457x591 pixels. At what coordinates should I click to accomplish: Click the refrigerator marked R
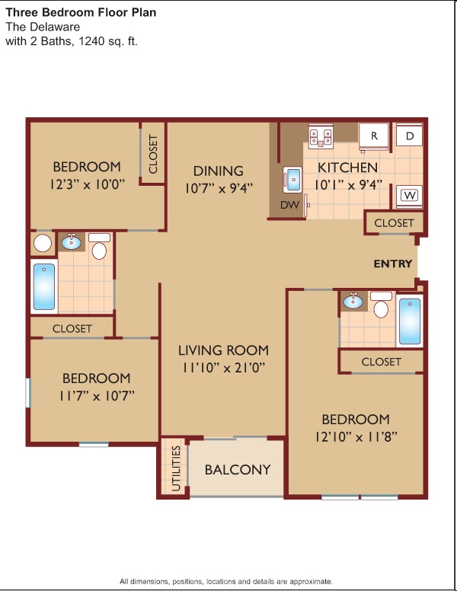pyautogui.click(x=374, y=136)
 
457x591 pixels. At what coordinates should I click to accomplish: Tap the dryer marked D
pyautogui.click(x=410, y=136)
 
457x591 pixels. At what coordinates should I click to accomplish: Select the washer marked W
pyautogui.click(x=410, y=196)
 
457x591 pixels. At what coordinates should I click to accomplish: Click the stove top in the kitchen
pyautogui.click(x=321, y=136)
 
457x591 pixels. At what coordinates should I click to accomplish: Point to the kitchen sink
pyautogui.click(x=292, y=180)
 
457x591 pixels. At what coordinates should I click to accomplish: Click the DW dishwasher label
pyautogui.click(x=289, y=205)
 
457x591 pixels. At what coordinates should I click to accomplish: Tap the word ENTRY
pyautogui.click(x=393, y=264)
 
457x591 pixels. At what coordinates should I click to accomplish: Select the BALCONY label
pyautogui.click(x=238, y=470)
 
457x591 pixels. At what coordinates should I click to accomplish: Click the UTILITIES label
pyautogui.click(x=176, y=468)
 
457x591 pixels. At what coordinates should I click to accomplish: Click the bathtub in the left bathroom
pyautogui.click(x=44, y=286)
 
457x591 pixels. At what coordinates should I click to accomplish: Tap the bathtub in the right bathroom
pyautogui.click(x=410, y=321)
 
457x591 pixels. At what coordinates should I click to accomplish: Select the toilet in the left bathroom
pyautogui.click(x=99, y=246)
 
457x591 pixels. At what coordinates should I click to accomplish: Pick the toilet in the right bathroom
pyautogui.click(x=381, y=305)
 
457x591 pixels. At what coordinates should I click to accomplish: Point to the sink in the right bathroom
pyautogui.click(x=353, y=301)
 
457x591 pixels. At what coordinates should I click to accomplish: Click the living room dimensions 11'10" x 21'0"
pyautogui.click(x=224, y=367)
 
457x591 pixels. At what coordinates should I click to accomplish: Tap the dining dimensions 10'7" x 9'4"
pyautogui.click(x=219, y=187)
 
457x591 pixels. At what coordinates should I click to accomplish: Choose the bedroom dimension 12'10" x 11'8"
pyautogui.click(x=356, y=437)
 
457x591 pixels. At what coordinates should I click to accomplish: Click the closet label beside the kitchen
pyautogui.click(x=394, y=223)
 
